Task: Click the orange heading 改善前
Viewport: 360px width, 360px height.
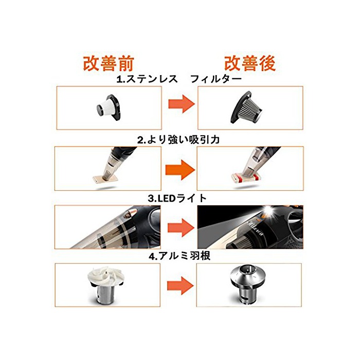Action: (109, 64)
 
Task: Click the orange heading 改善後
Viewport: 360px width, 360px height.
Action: (250, 63)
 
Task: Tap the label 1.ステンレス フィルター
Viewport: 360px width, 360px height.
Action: (179, 79)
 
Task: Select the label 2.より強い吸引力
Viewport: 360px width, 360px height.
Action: (178, 139)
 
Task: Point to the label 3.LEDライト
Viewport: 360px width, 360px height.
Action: (177, 198)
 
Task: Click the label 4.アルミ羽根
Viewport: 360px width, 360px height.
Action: (179, 256)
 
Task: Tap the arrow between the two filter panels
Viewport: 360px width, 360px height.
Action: (182, 104)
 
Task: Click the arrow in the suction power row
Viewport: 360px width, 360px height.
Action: (180, 170)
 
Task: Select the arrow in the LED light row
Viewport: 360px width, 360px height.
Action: (181, 227)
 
